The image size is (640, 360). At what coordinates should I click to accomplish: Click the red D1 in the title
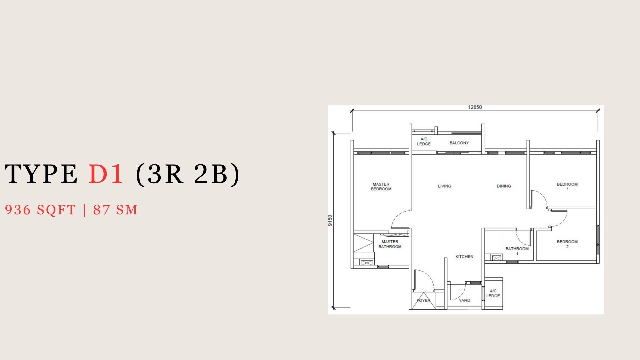click(106, 174)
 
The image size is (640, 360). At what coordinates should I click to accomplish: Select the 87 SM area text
click(115, 210)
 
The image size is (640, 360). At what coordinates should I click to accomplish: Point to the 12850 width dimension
click(475, 107)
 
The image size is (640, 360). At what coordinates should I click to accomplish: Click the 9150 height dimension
click(330, 220)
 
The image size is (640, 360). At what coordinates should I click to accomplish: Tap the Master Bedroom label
click(381, 187)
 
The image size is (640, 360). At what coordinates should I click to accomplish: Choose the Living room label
click(445, 186)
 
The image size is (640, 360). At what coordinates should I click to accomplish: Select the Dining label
click(504, 186)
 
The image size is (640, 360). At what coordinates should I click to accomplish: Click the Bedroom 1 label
click(567, 187)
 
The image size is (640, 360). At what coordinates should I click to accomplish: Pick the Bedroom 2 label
click(567, 244)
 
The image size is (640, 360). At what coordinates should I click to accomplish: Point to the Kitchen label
click(464, 256)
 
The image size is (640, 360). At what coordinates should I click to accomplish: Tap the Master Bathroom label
click(390, 244)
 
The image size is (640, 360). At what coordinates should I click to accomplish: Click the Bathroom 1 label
click(517, 251)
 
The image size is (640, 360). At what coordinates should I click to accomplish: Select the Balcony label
click(459, 143)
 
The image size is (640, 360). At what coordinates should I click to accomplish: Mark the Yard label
click(464, 300)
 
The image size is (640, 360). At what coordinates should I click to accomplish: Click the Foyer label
click(423, 300)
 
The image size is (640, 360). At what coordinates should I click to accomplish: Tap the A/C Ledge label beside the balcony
click(424, 141)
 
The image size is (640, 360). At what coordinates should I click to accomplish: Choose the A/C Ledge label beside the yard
click(493, 293)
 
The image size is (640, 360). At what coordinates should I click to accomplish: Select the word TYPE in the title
click(41, 174)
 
